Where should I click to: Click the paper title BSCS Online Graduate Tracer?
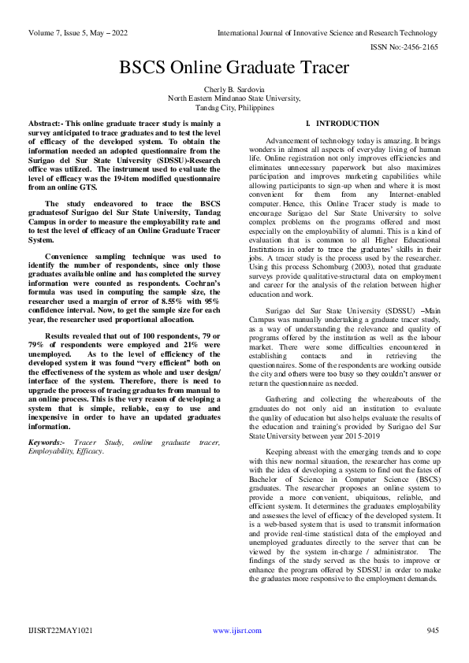[x=234, y=68]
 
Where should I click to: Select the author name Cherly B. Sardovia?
[x=234, y=90]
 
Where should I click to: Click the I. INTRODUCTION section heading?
[x=331, y=124]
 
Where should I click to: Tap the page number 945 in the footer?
[x=432, y=631]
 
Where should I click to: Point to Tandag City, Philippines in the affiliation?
[x=234, y=108]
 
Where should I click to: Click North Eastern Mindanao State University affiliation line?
[x=234, y=99]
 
